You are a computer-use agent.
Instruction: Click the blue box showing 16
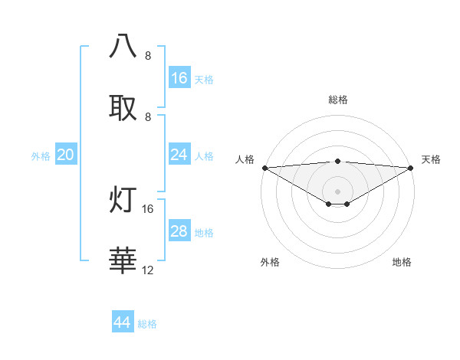coord(179,78)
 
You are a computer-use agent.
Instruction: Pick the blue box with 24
coord(179,155)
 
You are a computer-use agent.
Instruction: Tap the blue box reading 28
coord(179,231)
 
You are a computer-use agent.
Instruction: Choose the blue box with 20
coord(66,155)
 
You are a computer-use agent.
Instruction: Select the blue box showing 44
coord(123,322)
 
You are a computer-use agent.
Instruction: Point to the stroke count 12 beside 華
coord(147,270)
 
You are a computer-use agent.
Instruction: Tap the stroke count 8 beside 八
coord(148,56)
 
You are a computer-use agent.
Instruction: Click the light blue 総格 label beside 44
coord(147,324)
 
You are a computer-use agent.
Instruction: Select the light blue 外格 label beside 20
coord(41,156)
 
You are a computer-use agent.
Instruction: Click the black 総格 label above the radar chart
coord(337,100)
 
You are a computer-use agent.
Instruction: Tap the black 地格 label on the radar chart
coord(402,262)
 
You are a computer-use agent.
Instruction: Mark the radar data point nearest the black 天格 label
coord(410,168)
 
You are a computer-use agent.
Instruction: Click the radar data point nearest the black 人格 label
coord(264,168)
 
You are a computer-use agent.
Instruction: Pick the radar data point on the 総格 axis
coord(337,161)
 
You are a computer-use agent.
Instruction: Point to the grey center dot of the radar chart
coord(337,191)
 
